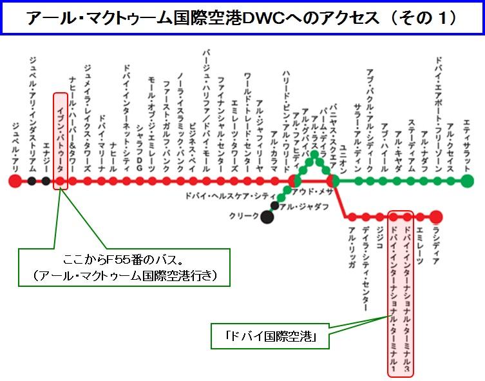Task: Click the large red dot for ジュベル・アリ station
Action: pos(15,181)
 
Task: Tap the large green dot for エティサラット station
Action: pos(468,181)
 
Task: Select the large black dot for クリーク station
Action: pos(267,217)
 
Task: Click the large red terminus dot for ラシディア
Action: pos(435,217)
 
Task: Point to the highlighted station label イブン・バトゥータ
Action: pos(61,139)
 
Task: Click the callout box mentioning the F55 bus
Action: pos(124,268)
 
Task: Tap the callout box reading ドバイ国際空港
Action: pos(270,336)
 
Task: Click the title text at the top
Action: pos(242,17)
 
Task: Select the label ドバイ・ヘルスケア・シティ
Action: pos(231,196)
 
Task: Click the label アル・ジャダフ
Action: pos(304,206)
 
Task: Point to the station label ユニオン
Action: pos(343,159)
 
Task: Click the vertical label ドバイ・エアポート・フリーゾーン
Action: pos(438,114)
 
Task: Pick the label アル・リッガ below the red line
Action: pos(352,248)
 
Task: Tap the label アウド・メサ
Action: pos(312,192)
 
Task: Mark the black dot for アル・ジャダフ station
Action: pos(274,205)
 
